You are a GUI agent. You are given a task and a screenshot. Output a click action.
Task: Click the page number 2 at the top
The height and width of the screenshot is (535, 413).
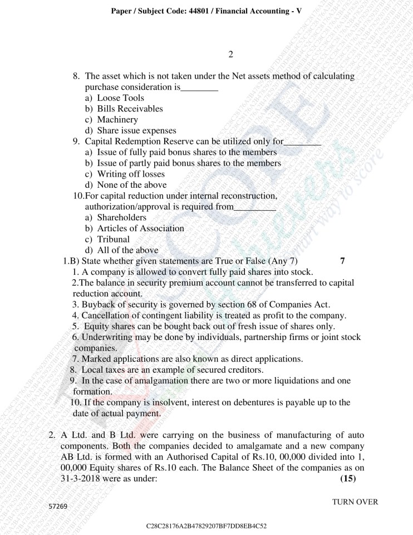click(x=230, y=55)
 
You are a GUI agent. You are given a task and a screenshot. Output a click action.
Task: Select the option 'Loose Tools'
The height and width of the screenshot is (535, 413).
click(x=120, y=98)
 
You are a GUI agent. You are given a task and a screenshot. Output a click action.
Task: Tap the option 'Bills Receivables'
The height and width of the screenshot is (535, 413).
click(x=130, y=109)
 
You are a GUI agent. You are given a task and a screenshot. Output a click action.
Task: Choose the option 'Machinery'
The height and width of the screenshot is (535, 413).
click(x=117, y=120)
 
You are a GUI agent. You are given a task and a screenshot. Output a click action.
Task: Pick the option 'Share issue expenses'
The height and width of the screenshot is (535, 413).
click(x=136, y=130)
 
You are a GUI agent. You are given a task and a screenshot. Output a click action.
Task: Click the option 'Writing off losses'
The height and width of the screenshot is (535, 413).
click(x=131, y=174)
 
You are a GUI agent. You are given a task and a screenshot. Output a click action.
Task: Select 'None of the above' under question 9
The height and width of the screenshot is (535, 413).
click(x=131, y=185)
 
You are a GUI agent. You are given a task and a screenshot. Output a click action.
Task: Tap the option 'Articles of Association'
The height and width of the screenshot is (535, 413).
click(x=140, y=228)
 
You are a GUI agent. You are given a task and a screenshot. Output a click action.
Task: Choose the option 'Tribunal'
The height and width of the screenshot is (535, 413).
click(x=113, y=240)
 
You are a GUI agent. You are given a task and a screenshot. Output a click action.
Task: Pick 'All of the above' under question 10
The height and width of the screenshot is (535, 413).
click(x=127, y=250)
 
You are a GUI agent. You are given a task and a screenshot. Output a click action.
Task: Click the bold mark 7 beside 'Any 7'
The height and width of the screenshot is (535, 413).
click(x=342, y=261)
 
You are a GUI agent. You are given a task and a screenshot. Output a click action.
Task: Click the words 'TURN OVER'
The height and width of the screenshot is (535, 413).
click(x=355, y=502)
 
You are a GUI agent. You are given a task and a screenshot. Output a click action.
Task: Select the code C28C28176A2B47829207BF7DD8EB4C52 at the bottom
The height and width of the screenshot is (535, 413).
click(x=206, y=526)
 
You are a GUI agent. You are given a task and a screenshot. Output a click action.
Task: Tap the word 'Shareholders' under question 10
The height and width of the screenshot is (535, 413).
click(x=121, y=218)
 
